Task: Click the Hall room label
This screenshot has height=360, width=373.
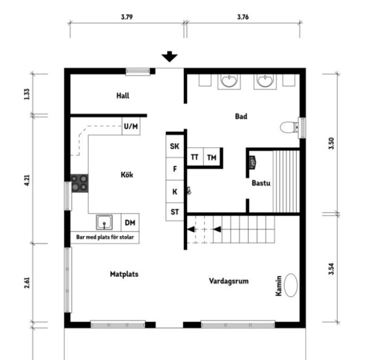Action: pyautogui.click(x=123, y=96)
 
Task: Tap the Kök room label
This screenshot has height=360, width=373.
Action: pyautogui.click(x=126, y=174)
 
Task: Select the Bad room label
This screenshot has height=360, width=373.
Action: pyautogui.click(x=241, y=116)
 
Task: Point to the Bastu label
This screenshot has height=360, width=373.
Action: pyautogui.click(x=261, y=183)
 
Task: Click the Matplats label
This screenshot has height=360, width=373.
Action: pyautogui.click(x=124, y=274)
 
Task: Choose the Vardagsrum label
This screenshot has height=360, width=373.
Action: pyautogui.click(x=229, y=281)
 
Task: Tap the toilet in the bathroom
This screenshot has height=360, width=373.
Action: pyautogui.click(x=289, y=127)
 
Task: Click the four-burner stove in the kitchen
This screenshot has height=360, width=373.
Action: pyautogui.click(x=80, y=183)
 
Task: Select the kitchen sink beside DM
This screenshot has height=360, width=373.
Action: pyautogui.click(x=104, y=222)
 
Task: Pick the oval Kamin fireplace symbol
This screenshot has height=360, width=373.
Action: pyautogui.click(x=291, y=285)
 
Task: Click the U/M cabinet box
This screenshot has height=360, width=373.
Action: pyautogui.click(x=131, y=126)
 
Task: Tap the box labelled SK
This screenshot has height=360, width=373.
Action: pyautogui.click(x=175, y=146)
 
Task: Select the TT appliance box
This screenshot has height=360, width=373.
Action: pyautogui.click(x=195, y=157)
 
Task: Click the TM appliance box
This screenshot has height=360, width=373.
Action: pyautogui.click(x=212, y=157)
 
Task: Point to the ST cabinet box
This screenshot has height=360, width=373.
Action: pyautogui.click(x=175, y=212)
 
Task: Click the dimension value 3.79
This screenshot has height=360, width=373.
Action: pyautogui.click(x=127, y=17)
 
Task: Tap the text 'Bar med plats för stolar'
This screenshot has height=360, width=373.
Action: pyautogui.click(x=104, y=236)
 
